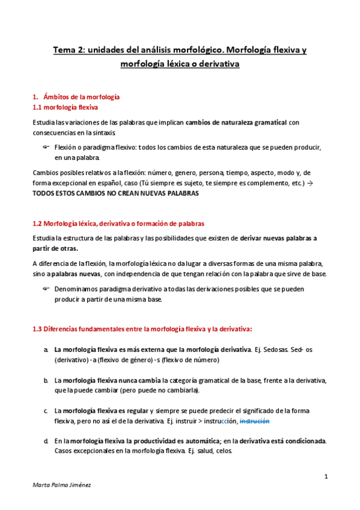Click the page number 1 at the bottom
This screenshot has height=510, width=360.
click(325, 477)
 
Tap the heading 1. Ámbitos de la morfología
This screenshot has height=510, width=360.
click(76, 97)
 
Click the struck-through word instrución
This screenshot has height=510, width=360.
click(255, 421)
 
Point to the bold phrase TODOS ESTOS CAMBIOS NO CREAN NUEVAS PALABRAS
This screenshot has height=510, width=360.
click(114, 194)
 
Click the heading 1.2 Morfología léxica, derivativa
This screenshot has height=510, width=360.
click(118, 223)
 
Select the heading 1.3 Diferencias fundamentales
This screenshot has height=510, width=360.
click(142, 329)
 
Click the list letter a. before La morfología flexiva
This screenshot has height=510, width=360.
click(46, 349)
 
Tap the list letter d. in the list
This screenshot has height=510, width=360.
click(46, 441)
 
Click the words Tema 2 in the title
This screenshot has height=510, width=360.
click(67, 51)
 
